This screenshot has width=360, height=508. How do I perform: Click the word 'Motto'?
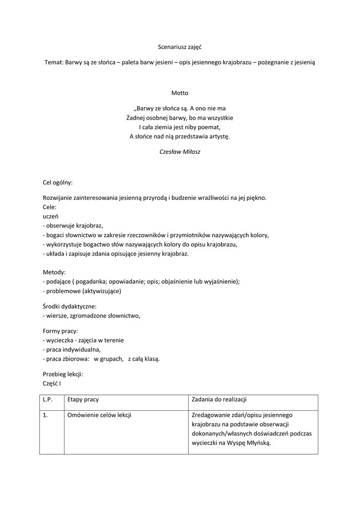coord(180,93)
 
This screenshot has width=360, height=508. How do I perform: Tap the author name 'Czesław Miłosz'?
coord(180,152)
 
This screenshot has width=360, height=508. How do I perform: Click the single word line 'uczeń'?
coord(51,216)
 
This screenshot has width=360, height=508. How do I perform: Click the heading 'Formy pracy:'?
coord(61,330)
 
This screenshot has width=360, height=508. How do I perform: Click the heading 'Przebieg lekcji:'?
coord(63,374)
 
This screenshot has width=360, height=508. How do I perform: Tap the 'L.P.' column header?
coord(48,399)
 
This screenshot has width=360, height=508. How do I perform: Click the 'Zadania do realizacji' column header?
coord(219,399)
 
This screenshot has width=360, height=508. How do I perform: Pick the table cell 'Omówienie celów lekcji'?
coord(99,415)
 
